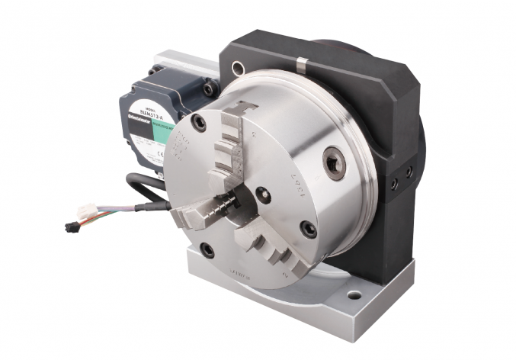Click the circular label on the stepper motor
(147, 115)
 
